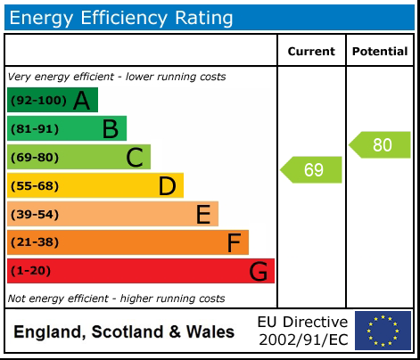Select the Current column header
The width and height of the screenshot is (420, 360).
[x=311, y=52]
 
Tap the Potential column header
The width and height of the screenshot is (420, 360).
[x=380, y=52]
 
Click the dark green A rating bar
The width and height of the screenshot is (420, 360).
[x=52, y=100]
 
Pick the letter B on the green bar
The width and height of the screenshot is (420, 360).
[x=110, y=129]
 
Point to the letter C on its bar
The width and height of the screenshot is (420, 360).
[x=135, y=158]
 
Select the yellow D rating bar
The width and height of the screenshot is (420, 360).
[x=95, y=186]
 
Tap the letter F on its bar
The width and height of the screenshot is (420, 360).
[x=234, y=242]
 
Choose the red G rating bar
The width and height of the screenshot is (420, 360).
[x=140, y=271]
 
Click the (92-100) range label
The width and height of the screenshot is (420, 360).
[x=37, y=101]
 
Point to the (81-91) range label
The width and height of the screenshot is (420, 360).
[x=35, y=129]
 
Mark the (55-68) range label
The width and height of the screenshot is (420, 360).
[x=35, y=186]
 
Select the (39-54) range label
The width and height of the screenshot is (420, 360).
[x=35, y=215]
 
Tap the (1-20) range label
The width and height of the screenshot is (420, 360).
[x=31, y=271]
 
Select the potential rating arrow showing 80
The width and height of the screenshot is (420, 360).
[x=381, y=145]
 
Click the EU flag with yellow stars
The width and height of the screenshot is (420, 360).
[x=383, y=331]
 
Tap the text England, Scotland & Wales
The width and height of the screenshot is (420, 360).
[x=124, y=332]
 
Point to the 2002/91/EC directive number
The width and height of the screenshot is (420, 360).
[x=302, y=340]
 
